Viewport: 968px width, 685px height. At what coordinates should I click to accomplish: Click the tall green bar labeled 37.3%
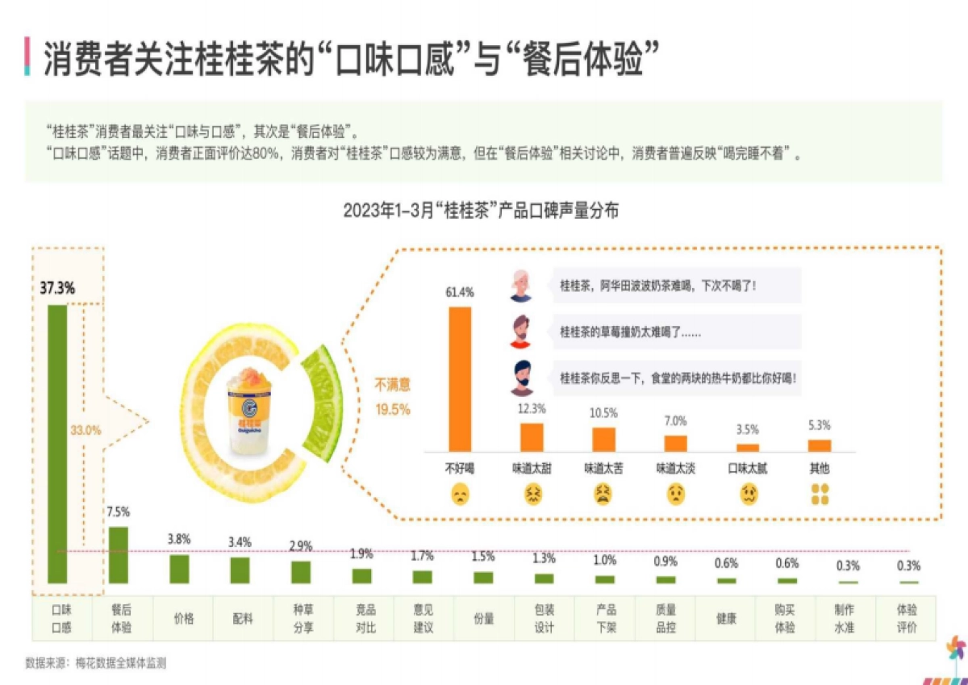(57, 444)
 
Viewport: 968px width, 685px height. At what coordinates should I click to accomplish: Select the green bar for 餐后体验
(119, 554)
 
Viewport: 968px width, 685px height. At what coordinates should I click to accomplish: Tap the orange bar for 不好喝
(460, 378)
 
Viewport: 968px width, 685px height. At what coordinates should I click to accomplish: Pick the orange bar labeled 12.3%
(532, 436)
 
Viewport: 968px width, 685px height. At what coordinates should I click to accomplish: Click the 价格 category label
(183, 620)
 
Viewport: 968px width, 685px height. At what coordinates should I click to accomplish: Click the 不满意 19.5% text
(393, 398)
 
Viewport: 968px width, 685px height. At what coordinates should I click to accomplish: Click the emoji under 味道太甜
(532, 495)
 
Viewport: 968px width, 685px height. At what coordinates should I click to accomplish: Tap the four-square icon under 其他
(820, 495)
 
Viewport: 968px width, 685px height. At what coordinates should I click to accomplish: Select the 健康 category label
(726, 620)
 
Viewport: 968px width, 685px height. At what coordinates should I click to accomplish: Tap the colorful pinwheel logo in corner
(955, 649)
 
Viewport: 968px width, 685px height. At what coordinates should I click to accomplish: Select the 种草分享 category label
(303, 620)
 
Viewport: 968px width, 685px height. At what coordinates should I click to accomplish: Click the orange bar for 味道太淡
(675, 443)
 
